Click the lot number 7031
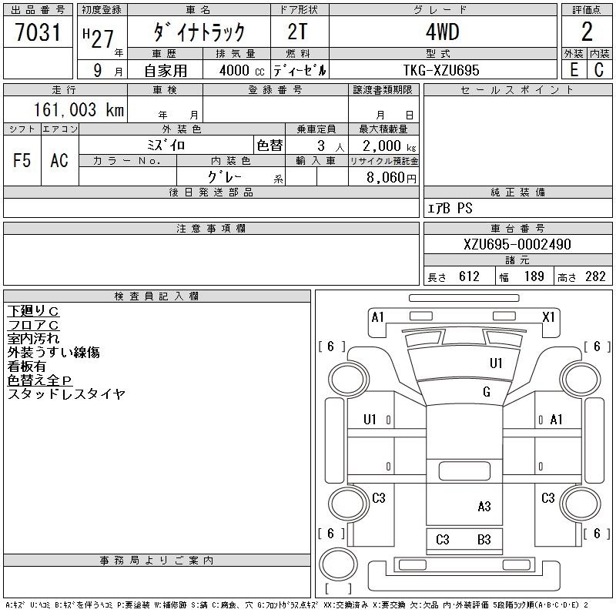pyautogui.click(x=38, y=32)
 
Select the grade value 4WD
pyautogui.click(x=442, y=32)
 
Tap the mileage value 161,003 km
pyautogui.click(x=79, y=110)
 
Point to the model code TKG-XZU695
pyautogui.click(x=441, y=70)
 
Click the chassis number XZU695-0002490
pyautogui.click(x=517, y=244)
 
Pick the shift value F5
pyautogui.click(x=22, y=160)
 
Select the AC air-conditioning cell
pyautogui.click(x=59, y=160)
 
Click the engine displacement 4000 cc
pyautogui.click(x=242, y=70)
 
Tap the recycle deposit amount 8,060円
pyautogui.click(x=391, y=178)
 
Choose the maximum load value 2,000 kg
pyautogui.click(x=390, y=146)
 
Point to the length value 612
pyautogui.click(x=469, y=276)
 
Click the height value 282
pyautogui.click(x=595, y=276)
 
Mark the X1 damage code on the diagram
pyautogui.click(x=548, y=316)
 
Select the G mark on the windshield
pyautogui.click(x=487, y=392)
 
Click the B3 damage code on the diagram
pyautogui.click(x=484, y=540)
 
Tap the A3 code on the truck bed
pyautogui.click(x=484, y=507)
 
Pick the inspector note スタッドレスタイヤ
pyautogui.click(x=66, y=393)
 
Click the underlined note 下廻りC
pyautogui.click(x=33, y=311)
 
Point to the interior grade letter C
pyautogui.click(x=599, y=70)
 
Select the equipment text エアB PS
pyautogui.click(x=450, y=208)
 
